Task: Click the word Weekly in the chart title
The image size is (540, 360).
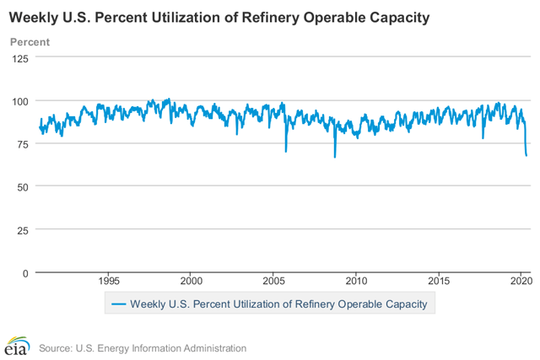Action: point(35,17)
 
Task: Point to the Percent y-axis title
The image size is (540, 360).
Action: point(30,42)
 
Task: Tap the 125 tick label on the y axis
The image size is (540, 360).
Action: point(19,58)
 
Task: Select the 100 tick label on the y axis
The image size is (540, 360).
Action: point(19,101)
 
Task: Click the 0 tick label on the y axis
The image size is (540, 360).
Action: point(25,272)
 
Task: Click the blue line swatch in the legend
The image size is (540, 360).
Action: point(118,304)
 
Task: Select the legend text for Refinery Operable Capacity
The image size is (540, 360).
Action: point(278,304)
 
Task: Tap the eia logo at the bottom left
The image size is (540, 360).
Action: point(16,347)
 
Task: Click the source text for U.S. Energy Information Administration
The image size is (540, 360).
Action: point(142,347)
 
